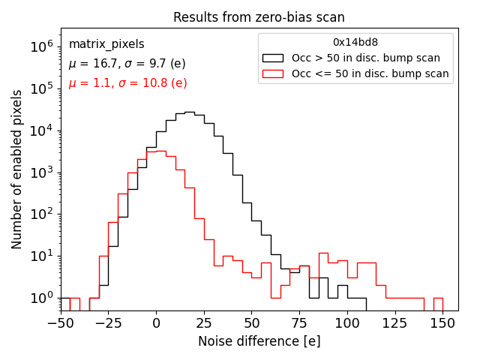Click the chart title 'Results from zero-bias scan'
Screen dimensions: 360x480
(259, 17)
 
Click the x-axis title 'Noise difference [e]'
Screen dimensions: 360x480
(259, 341)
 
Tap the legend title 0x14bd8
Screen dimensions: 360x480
(355, 42)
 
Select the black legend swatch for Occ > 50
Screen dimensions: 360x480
(274, 58)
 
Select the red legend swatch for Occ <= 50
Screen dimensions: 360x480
(274, 73)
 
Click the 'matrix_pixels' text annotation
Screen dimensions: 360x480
(106, 44)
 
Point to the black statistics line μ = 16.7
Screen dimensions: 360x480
(127, 64)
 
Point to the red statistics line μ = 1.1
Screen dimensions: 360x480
(127, 83)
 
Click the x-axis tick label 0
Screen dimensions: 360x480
(156, 323)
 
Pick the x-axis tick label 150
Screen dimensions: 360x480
(442, 323)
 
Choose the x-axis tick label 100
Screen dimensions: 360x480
(347, 323)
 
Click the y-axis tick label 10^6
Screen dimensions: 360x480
(41, 46)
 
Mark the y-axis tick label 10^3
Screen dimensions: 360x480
(41, 172)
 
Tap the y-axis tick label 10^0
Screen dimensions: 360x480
(41, 298)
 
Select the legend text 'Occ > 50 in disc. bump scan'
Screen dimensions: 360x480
(366, 58)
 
